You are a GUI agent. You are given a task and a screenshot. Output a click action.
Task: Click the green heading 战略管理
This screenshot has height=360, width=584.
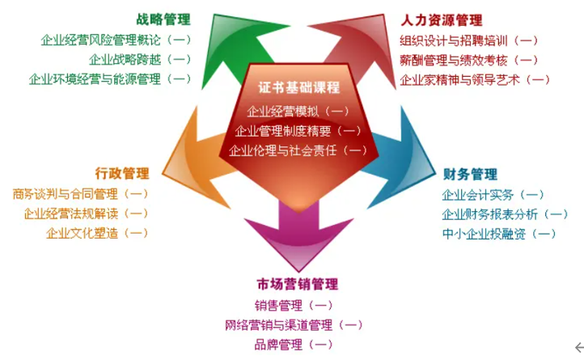(163, 19)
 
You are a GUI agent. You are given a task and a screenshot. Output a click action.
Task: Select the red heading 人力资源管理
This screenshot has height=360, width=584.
(442, 19)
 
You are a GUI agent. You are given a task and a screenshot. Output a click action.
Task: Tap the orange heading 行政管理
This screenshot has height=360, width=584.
(122, 173)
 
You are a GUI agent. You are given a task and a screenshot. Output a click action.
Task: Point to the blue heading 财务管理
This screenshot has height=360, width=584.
(470, 174)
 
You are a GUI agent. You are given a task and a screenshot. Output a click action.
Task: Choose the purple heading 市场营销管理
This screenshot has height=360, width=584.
(297, 284)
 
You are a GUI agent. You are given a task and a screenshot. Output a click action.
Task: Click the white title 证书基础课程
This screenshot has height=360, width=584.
(298, 87)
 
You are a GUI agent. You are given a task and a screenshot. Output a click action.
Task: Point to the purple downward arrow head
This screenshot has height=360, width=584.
(298, 242)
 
